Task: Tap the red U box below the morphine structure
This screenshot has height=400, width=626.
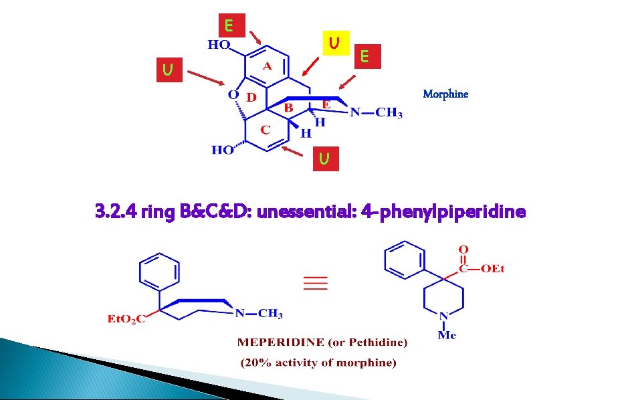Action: [x=324, y=159]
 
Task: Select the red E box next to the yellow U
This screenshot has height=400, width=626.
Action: [x=364, y=56]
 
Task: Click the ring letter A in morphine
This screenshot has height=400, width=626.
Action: [x=266, y=66]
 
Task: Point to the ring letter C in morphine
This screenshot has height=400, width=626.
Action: [x=265, y=129]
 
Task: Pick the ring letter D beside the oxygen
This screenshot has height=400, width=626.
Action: [x=251, y=97]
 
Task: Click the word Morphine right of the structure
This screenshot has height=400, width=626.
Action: [x=445, y=94]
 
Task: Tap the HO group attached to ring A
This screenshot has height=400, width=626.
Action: [x=218, y=45]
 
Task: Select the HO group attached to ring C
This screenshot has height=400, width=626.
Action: [x=223, y=150]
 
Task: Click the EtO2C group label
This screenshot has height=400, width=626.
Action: [x=127, y=318]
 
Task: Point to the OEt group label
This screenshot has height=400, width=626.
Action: [x=492, y=269]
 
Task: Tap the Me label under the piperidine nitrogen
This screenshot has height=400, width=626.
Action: [x=447, y=334]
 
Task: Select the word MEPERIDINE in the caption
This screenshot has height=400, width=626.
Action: [x=273, y=342]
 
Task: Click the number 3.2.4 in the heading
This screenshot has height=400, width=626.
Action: [x=115, y=212]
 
